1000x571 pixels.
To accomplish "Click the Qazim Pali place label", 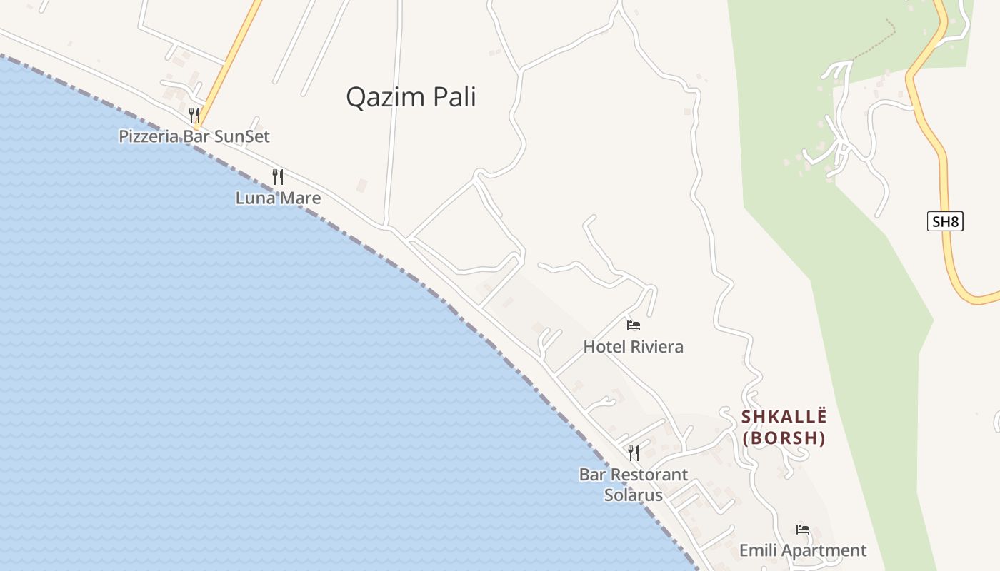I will [x=411, y=97].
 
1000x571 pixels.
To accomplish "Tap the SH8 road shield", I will [x=945, y=221].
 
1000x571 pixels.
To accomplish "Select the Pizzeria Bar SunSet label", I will [x=194, y=136].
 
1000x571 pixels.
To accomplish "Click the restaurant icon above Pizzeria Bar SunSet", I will [x=194, y=114].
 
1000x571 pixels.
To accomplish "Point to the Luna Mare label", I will [x=278, y=198].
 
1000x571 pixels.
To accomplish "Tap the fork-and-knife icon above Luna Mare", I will [x=278, y=176].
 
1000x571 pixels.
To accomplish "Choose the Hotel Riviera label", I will [x=633, y=347].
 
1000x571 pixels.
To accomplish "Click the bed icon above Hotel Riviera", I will [x=633, y=325].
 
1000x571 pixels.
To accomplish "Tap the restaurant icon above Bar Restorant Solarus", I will [x=634, y=453].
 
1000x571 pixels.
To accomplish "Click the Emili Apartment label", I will [x=802, y=550].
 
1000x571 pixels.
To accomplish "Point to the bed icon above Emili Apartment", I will [x=803, y=530].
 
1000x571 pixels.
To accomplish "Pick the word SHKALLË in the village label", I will [x=784, y=416].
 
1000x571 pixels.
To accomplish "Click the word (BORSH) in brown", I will [x=784, y=438].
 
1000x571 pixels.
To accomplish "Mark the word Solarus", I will [x=634, y=495].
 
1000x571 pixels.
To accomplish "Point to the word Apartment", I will [x=824, y=550].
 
